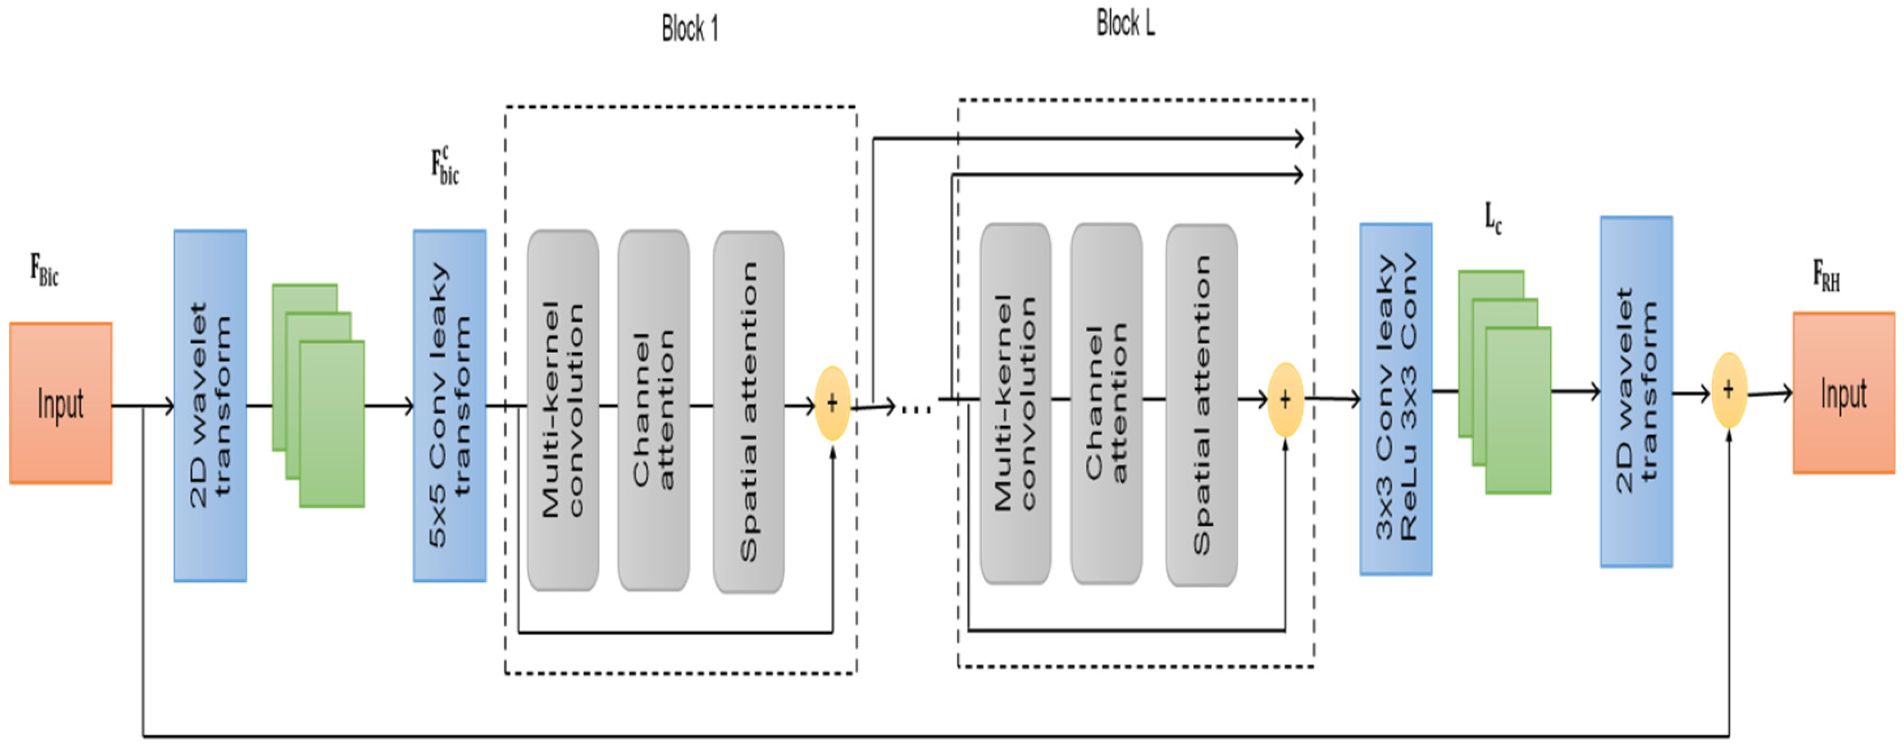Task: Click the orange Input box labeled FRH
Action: (1843, 393)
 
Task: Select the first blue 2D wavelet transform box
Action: (210, 405)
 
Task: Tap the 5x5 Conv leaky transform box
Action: (449, 405)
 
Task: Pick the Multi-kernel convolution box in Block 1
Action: (562, 410)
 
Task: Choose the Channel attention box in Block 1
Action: (653, 410)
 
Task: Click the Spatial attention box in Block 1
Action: (748, 412)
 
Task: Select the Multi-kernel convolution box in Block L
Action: (1015, 404)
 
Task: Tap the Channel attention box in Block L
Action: (1106, 404)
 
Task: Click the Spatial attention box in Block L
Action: (1201, 405)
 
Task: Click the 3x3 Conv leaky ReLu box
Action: (1396, 399)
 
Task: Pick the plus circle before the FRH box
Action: (1728, 390)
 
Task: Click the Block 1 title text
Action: (689, 30)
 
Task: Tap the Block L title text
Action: (1124, 24)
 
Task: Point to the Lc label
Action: (1493, 218)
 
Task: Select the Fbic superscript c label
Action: (445, 166)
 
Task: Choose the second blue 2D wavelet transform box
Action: (1636, 391)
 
